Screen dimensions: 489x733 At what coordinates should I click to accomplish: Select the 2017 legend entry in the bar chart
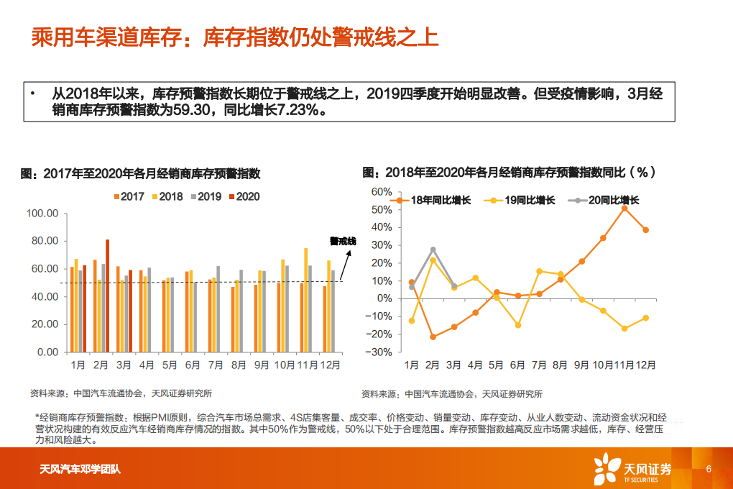pos(129,196)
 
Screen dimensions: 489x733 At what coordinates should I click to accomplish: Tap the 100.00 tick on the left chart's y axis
pos(42,214)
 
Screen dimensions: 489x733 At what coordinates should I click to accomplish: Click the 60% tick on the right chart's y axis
pos(381,192)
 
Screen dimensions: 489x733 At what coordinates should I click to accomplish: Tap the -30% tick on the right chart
pos(379,352)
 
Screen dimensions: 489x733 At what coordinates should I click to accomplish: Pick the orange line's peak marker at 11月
pos(624,209)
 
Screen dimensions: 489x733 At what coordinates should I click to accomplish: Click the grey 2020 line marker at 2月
pos(433,250)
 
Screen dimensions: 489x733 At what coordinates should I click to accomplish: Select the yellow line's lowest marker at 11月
pos(624,329)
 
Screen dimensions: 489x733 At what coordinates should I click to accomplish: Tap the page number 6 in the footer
pos(709,469)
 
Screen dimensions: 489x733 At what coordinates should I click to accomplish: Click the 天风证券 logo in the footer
pos(632,469)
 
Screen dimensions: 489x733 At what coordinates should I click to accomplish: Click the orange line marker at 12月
pos(646,230)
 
